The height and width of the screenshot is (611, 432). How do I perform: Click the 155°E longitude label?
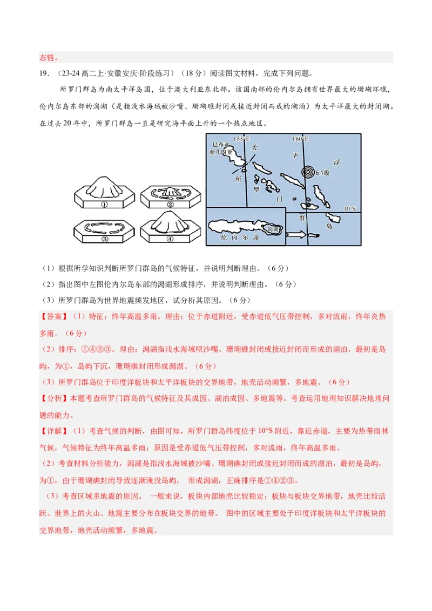click(x=241, y=139)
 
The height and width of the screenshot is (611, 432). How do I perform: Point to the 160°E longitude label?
click(x=300, y=139)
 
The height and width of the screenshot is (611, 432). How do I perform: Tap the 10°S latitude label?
click(x=350, y=208)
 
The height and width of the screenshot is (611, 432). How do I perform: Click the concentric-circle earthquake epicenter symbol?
click(x=308, y=173)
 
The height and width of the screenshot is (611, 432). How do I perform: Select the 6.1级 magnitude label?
click(x=322, y=173)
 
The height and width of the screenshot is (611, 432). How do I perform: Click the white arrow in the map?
click(x=295, y=235)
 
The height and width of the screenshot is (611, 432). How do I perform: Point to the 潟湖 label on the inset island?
click(x=273, y=229)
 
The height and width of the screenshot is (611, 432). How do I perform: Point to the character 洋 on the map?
click(x=337, y=162)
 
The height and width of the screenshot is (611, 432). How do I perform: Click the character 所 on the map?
click(x=238, y=180)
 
